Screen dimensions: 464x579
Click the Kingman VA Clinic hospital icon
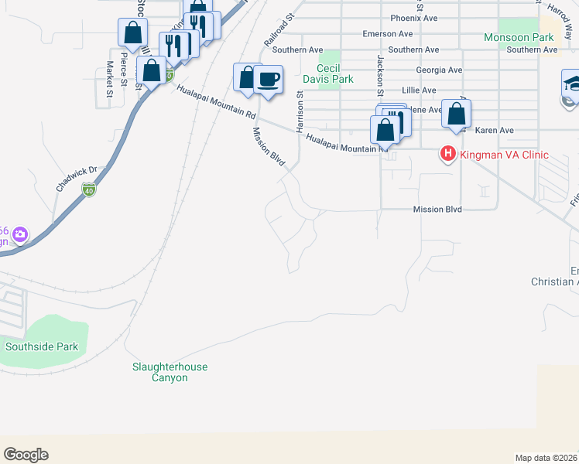(447, 155)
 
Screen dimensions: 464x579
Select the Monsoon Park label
(519, 37)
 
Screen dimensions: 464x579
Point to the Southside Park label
(42, 347)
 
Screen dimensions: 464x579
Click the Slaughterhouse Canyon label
(170, 372)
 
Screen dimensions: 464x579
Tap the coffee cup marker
(269, 80)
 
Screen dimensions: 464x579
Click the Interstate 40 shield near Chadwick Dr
(90, 190)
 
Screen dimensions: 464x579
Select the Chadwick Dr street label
(74, 179)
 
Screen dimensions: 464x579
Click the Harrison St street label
(299, 108)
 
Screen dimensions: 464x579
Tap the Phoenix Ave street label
(414, 17)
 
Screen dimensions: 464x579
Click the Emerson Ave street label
(389, 34)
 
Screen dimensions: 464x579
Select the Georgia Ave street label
(439, 70)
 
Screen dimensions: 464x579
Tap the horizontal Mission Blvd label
(437, 210)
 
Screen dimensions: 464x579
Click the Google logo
(26, 455)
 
